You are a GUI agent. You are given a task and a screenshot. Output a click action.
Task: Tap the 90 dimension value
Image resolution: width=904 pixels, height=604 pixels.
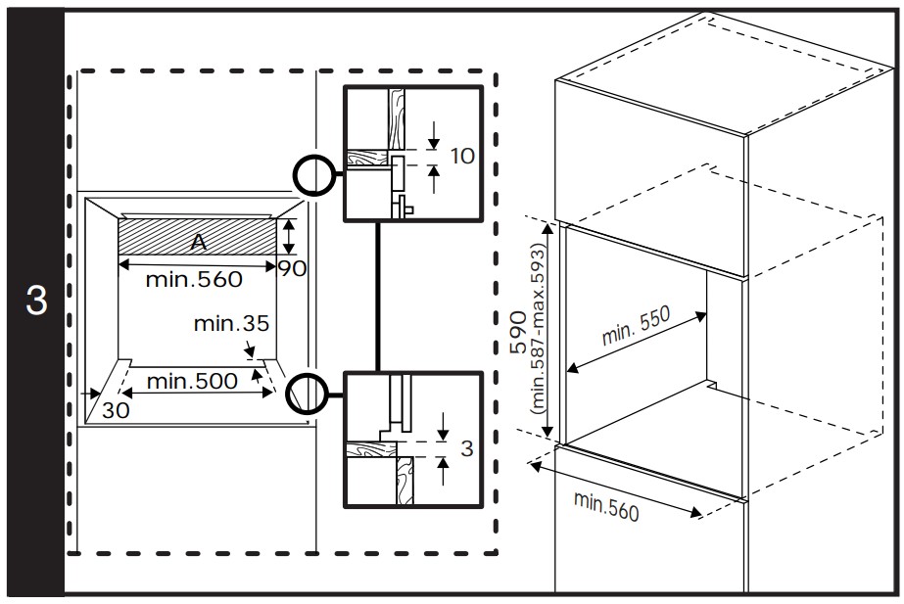[x=292, y=266]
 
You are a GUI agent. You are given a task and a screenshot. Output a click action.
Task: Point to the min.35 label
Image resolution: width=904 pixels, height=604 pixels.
[x=231, y=322]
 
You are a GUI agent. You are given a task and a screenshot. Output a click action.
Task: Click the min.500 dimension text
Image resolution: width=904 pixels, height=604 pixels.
[x=192, y=381]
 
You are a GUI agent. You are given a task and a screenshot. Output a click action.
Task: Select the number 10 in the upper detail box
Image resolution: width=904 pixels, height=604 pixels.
[x=464, y=157]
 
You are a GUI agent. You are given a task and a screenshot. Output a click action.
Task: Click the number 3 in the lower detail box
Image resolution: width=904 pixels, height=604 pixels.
[x=466, y=449]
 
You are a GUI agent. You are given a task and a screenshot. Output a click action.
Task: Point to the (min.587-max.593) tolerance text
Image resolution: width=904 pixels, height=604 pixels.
[x=537, y=331]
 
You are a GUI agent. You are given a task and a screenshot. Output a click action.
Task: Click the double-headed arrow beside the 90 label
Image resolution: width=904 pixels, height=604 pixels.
[x=288, y=238]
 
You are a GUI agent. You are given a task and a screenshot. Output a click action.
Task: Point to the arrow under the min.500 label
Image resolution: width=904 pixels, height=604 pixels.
[x=196, y=395]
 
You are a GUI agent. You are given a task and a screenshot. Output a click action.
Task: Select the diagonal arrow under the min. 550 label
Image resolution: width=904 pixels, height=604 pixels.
[x=637, y=343]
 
